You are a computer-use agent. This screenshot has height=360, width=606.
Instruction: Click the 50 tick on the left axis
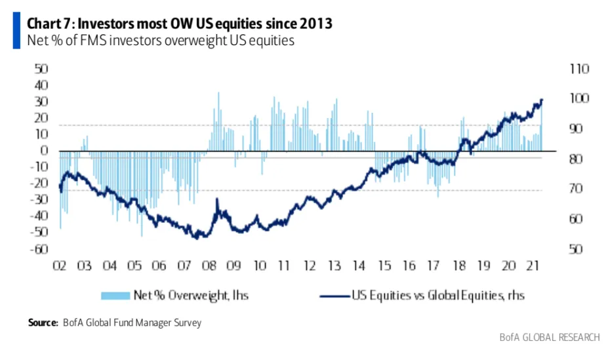pos(41,69)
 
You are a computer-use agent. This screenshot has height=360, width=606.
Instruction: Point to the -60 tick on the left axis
pos(39,249)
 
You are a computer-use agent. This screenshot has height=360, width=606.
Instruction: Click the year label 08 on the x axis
pos(209,266)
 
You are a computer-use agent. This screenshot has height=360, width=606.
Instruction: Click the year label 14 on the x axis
pos(359,266)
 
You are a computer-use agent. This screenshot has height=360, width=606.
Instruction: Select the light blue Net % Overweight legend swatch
pos(117,296)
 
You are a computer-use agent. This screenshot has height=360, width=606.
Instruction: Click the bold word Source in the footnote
pos(42,323)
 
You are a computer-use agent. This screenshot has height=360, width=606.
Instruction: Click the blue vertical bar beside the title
pos(16,31)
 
